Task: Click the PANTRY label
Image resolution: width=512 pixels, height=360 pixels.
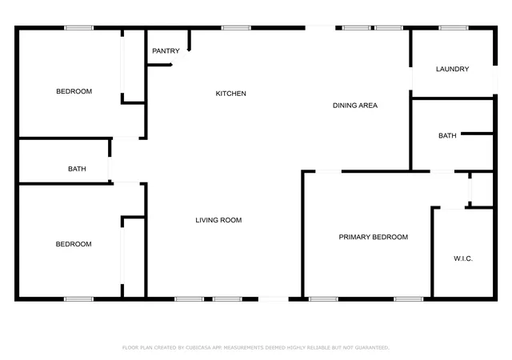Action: point(166,51)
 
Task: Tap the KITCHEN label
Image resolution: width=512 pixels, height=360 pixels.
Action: point(231,94)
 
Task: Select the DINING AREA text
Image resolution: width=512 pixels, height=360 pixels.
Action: point(355,105)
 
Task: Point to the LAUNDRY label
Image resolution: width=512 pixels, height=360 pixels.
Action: point(452,69)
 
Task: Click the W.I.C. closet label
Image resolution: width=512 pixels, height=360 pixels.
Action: point(463,258)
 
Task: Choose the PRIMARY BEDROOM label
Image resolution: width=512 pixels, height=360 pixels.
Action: point(374,237)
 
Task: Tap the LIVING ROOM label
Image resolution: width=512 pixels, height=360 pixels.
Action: point(218,220)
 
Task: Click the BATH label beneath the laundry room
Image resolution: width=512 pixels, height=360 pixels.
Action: point(447,135)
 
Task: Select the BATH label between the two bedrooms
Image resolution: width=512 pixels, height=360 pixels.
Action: point(77,169)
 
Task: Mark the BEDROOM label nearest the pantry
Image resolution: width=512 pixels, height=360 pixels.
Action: point(74,91)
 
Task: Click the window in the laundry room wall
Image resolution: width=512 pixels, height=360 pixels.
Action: point(454,28)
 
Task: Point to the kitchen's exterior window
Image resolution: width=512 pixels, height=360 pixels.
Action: point(236,28)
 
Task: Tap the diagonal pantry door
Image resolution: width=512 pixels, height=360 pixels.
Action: point(180,58)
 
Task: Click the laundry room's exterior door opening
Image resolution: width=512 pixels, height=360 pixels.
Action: point(495,80)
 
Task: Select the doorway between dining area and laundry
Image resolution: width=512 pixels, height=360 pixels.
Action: point(410,78)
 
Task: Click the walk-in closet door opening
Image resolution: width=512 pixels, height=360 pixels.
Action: point(453,208)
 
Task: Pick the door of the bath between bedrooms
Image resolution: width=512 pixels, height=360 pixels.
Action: point(110,169)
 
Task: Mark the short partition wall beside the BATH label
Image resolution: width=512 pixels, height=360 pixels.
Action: point(477,134)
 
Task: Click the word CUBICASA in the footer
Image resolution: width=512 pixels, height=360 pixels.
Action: point(198,347)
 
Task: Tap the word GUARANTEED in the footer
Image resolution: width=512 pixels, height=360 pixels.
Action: point(372,347)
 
